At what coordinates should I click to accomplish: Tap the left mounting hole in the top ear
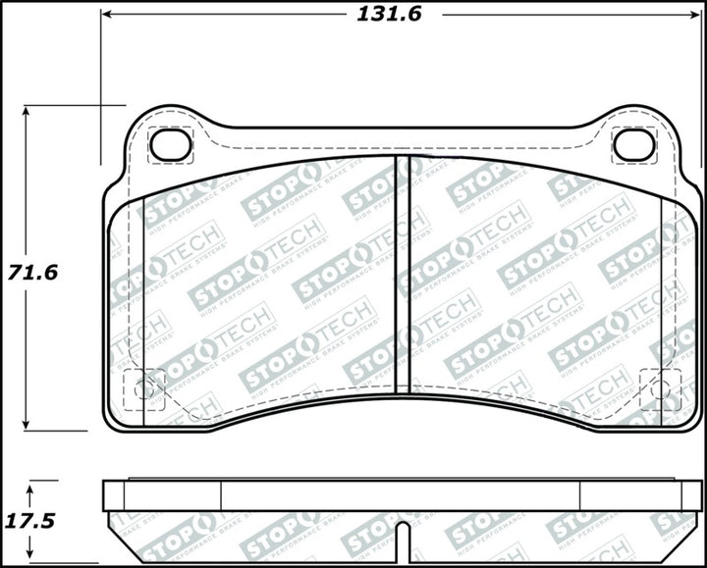170,144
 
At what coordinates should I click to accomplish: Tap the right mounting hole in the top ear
633,144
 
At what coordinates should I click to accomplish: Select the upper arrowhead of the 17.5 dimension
31,487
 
